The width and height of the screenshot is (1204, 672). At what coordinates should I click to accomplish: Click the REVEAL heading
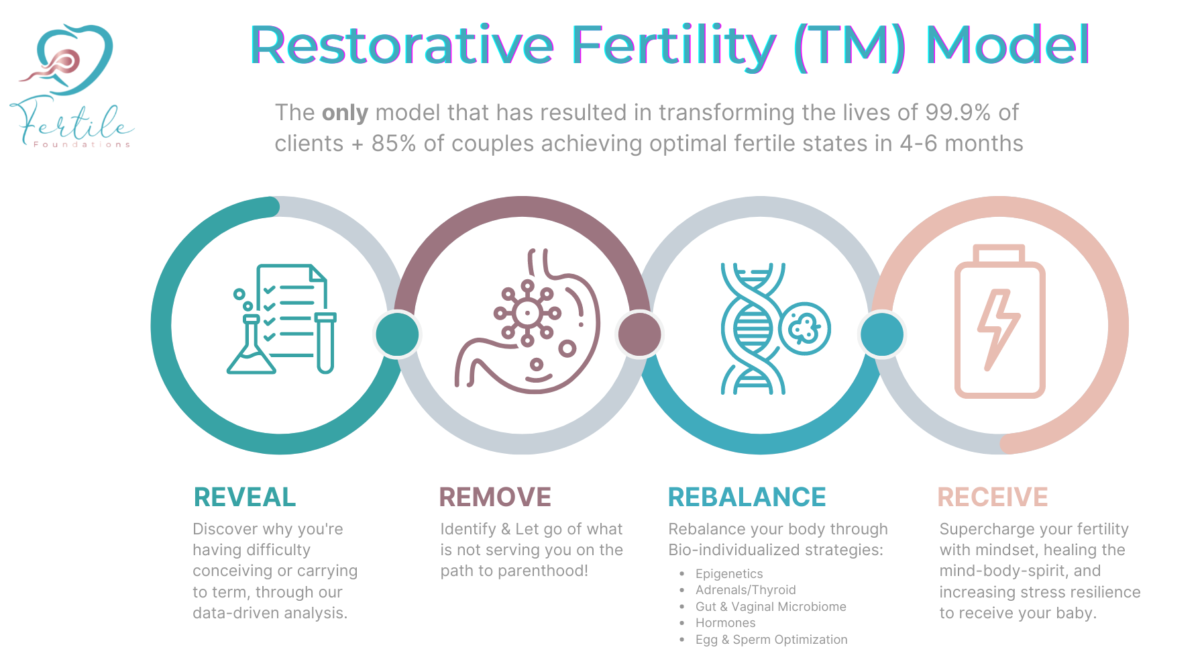244,497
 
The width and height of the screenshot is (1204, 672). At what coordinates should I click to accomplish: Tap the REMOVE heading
495,497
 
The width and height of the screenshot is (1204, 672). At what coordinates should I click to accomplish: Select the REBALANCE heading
747,497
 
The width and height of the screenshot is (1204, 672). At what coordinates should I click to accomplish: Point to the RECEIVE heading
993,497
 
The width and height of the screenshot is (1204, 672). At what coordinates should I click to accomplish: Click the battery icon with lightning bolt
999,322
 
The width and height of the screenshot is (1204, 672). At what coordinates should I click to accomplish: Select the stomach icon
530,322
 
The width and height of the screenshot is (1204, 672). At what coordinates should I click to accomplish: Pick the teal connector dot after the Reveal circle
397,334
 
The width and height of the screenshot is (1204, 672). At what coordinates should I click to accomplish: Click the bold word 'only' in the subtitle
345,113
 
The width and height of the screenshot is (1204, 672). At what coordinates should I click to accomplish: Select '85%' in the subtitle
394,144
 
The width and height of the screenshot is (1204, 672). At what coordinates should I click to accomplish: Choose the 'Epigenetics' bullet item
729,573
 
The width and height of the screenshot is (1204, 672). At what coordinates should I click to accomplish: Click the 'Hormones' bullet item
725,622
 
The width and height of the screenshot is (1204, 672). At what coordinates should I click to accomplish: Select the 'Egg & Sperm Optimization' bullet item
771,639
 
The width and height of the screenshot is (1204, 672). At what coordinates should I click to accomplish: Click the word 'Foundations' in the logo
82,144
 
